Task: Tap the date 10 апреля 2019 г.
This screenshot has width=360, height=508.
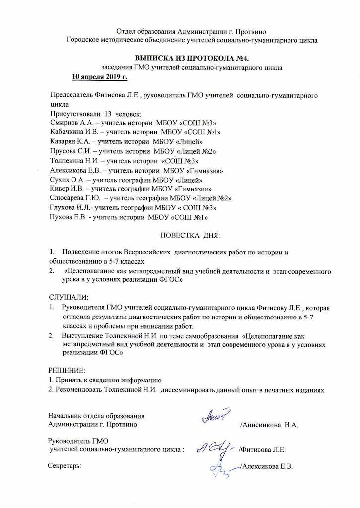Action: click(x=100, y=77)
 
